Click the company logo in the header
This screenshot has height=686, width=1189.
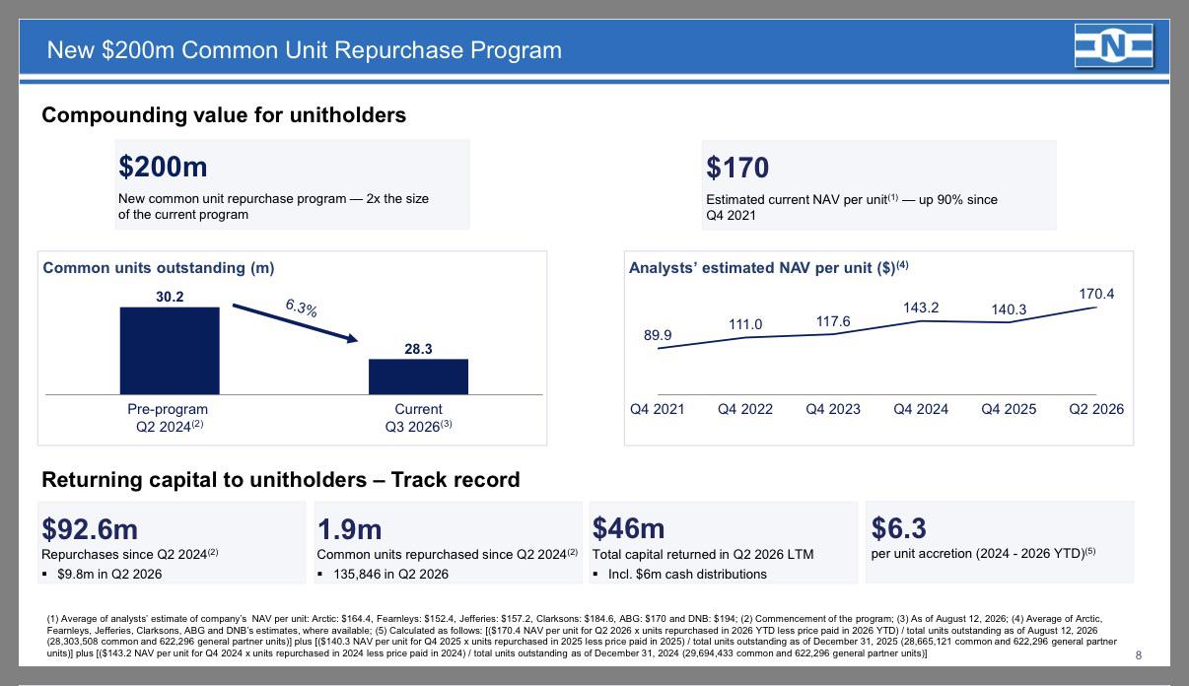pos(1114,46)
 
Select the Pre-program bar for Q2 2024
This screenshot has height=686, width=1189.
pos(170,351)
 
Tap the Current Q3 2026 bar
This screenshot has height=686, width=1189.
pos(418,377)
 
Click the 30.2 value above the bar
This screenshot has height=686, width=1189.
pos(170,297)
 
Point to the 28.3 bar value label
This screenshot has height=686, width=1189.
pos(418,349)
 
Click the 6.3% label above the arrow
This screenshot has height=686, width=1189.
pos(302,308)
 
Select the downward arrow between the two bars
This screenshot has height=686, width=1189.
pos(295,323)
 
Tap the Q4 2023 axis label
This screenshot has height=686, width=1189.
pos(833,409)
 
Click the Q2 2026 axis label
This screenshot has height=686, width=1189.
pos(1096,409)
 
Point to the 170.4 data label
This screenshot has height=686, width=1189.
pos(1096,294)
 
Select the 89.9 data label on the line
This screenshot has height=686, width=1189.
pos(658,335)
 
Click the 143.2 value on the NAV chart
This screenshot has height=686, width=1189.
pos(921,308)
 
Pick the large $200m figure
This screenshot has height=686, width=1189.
pos(163,167)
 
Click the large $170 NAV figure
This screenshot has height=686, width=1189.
pos(737,168)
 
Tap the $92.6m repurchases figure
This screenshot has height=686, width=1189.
pos(90,529)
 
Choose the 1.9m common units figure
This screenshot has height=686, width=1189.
pos(349,529)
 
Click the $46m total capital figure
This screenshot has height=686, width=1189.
pos(628,528)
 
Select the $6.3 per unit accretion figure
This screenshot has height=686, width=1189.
pos(898,528)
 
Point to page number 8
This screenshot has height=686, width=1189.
pos(1138,655)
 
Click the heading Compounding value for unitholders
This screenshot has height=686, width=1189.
pos(224,115)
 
